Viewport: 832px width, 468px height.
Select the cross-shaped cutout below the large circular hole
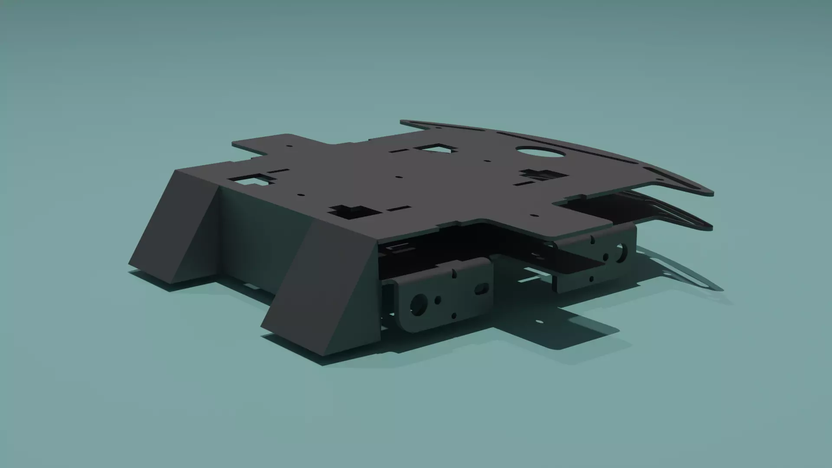(x=542, y=175)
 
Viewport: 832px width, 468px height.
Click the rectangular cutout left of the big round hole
(x=435, y=149)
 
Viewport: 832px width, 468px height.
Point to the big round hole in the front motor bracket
(x=419, y=304)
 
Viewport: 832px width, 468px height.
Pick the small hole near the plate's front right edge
(x=534, y=215)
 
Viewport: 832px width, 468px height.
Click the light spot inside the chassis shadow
(x=539, y=322)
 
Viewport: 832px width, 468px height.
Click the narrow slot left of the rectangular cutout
(x=398, y=152)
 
